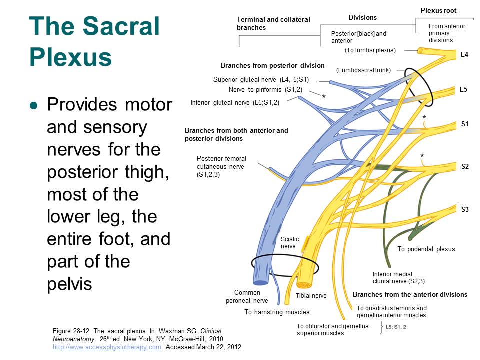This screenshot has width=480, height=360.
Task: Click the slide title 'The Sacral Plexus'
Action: coord(95,42)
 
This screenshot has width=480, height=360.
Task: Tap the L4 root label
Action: coord(464,55)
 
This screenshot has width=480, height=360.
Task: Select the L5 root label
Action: coord(464,90)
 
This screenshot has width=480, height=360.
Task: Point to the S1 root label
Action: coord(464,124)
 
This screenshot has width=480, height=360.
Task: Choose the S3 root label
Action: coord(465,209)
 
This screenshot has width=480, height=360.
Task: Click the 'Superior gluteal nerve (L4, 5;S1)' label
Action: coord(261,79)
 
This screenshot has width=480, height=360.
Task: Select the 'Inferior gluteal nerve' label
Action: coord(235,103)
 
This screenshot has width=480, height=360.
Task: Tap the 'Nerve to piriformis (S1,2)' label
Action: coord(265,90)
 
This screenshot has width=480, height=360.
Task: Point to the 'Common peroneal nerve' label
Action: coord(247,297)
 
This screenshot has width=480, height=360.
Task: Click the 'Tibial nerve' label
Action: coord(311,296)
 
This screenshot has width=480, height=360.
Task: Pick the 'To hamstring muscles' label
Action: coord(277,312)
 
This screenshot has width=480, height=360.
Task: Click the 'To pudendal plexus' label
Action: coord(426,249)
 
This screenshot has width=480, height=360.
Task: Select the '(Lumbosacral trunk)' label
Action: coord(363,70)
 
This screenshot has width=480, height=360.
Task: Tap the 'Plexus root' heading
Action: coord(438,10)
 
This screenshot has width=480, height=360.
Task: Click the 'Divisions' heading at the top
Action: coord(362,18)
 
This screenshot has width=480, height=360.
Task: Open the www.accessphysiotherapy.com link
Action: coord(107,347)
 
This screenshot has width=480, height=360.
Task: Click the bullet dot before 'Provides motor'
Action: coord(34,106)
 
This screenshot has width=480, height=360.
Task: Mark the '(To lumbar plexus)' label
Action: coord(370,50)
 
